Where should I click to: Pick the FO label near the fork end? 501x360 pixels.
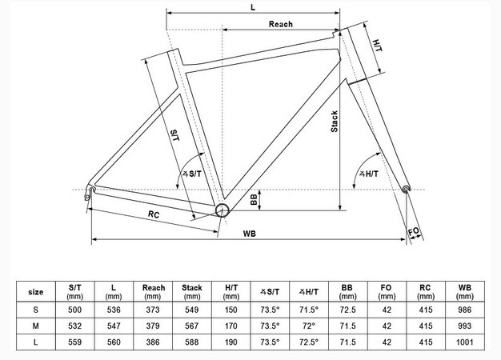point(414,232)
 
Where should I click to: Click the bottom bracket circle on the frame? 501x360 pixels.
point(222,210)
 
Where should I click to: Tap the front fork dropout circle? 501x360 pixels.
point(406,190)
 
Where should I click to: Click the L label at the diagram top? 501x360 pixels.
point(252,6)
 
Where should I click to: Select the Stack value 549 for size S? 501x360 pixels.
point(192,308)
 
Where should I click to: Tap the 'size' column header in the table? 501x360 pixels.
point(36,291)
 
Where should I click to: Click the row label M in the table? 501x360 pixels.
point(36,326)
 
